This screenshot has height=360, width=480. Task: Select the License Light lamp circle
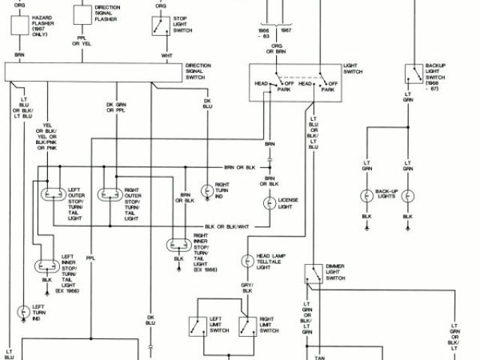click(x=268, y=203)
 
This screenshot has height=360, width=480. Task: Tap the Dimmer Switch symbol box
click(x=312, y=274)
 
